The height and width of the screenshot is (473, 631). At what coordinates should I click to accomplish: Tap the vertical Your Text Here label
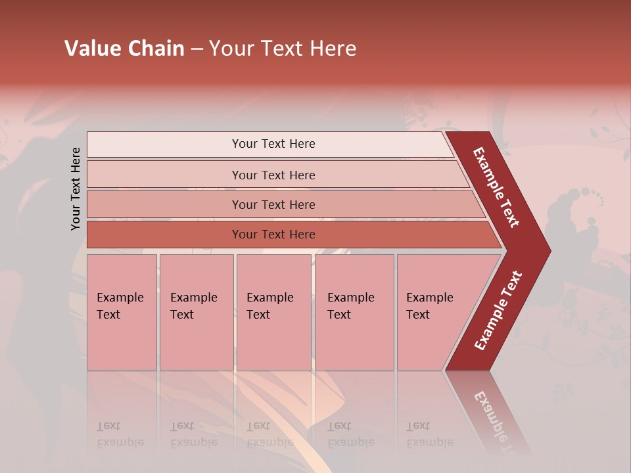tap(76, 189)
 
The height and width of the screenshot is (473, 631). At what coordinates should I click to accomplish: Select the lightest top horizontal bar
tap(269, 144)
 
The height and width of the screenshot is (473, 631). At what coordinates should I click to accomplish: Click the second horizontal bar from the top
tap(276, 175)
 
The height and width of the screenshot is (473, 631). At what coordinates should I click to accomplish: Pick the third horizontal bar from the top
tap(283, 204)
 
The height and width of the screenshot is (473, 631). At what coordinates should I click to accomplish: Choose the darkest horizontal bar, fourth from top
tap(289, 235)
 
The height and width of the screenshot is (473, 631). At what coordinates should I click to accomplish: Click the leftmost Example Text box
tap(122, 312)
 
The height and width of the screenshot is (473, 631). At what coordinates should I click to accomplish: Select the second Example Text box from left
tap(196, 312)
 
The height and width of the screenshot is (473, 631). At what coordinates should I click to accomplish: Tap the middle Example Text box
tap(273, 312)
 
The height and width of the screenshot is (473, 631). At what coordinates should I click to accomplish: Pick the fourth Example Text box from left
tap(354, 312)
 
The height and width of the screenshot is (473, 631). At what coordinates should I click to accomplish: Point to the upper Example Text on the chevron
tap(496, 187)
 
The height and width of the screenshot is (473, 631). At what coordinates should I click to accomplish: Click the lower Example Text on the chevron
tap(498, 311)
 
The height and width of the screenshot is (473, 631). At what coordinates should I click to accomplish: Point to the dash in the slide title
tap(197, 49)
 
